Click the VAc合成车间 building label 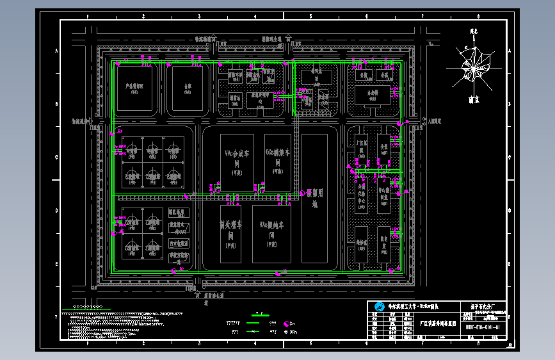pyautogui.click(x=236, y=158)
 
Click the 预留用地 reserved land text pyautogui.click(x=314, y=198)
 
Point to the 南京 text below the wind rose pyautogui.click(x=474, y=100)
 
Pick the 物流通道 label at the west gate pyautogui.click(x=82, y=120)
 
